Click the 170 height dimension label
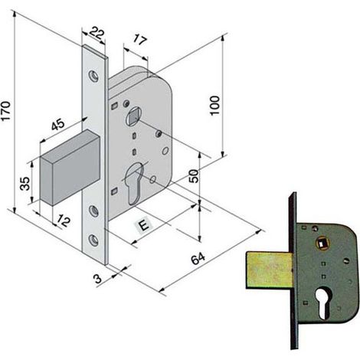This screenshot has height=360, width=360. [5, 111]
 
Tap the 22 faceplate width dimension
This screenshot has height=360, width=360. [97, 33]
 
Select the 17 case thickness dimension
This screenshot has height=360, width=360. [139, 40]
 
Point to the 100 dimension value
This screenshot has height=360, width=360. [214, 106]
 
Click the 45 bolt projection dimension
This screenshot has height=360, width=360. [57, 124]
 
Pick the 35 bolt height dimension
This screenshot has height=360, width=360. [25, 184]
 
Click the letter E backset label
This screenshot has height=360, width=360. [143, 225]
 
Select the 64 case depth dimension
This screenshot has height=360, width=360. [198, 258]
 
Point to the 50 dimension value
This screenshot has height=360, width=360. [194, 176]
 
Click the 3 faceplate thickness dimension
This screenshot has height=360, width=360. [98, 279]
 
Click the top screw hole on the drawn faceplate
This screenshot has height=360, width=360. [93, 76]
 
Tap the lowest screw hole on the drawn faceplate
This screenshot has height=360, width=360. [93, 239]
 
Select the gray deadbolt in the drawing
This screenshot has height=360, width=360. [70, 167]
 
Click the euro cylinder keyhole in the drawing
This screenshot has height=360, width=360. [135, 183]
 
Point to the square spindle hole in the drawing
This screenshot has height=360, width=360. [133, 116]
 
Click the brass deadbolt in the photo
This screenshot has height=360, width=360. [269, 270]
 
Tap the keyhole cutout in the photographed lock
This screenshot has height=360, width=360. [322, 303]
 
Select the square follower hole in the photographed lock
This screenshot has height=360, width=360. [320, 244]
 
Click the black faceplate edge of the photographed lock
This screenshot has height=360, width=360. [293, 270]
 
